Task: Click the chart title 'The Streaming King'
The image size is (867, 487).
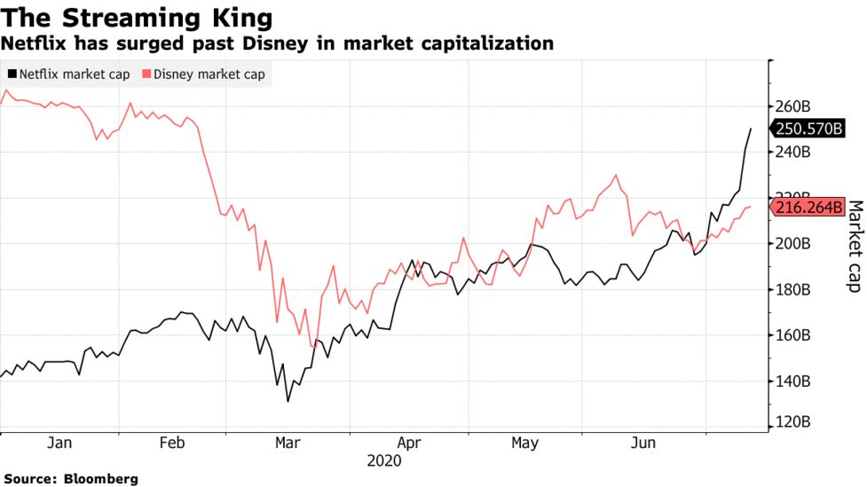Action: (137, 18)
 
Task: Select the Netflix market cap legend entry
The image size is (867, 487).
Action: (69, 75)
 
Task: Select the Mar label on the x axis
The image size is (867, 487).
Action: (288, 443)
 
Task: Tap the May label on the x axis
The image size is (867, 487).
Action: (525, 443)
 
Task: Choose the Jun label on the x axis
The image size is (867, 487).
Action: (643, 443)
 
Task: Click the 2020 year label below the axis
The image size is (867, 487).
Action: (383, 461)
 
